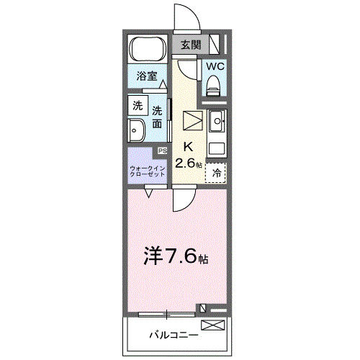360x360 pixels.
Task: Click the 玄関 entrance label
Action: coord(190,45)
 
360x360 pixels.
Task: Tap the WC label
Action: coord(215,67)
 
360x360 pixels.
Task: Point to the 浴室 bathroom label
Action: coord(148,75)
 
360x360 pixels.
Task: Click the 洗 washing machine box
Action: coord(137,105)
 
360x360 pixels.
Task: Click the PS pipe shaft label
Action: coord(163,150)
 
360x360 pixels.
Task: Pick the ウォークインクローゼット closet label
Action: coord(148,171)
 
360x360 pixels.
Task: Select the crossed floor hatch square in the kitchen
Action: coord(194,120)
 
